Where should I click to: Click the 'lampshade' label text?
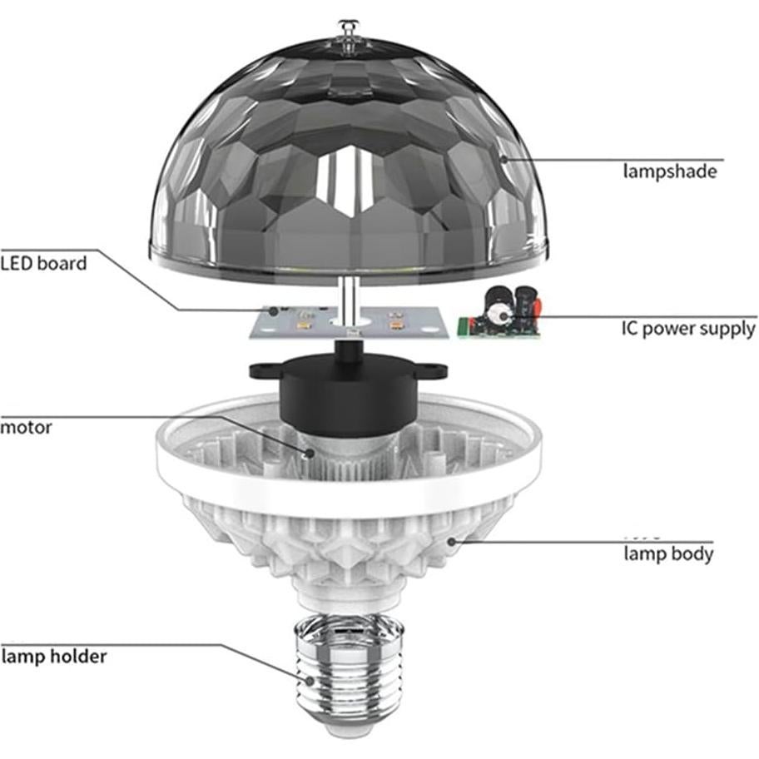670,171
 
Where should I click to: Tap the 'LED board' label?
43,264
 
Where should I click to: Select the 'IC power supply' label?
688,328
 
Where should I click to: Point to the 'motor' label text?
26,428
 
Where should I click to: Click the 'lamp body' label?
668,553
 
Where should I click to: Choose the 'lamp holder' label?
54,656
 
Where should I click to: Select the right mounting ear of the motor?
431,370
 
